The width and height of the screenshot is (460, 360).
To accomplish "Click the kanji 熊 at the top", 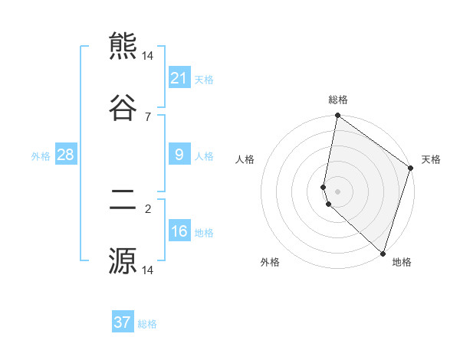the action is point(123,46).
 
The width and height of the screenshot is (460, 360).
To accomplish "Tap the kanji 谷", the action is point(123,106).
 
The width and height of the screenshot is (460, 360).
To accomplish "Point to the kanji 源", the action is point(123,260).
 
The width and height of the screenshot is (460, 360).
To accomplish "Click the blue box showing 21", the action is point(179,77).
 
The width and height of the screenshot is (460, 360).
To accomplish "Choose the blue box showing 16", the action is point(179,232).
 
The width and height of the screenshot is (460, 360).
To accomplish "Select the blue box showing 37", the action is point(123,322).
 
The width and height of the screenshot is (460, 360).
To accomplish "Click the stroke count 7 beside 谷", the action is point(147,116).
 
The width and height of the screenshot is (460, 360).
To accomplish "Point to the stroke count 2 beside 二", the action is point(147,208).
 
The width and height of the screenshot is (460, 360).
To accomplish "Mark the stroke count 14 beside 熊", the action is point(148,56).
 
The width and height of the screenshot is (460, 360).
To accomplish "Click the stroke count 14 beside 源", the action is point(148,270).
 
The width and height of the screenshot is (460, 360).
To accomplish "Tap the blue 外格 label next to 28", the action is point(41,156).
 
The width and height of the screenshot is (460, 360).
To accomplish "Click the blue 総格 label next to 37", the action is point(147,324).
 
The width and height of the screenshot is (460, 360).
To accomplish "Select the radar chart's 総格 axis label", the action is point(338,100).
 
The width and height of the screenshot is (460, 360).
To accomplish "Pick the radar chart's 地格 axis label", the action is point(402,263).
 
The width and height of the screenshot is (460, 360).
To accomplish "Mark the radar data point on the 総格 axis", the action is point(337,116).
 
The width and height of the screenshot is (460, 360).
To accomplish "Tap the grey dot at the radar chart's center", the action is point(337,191).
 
